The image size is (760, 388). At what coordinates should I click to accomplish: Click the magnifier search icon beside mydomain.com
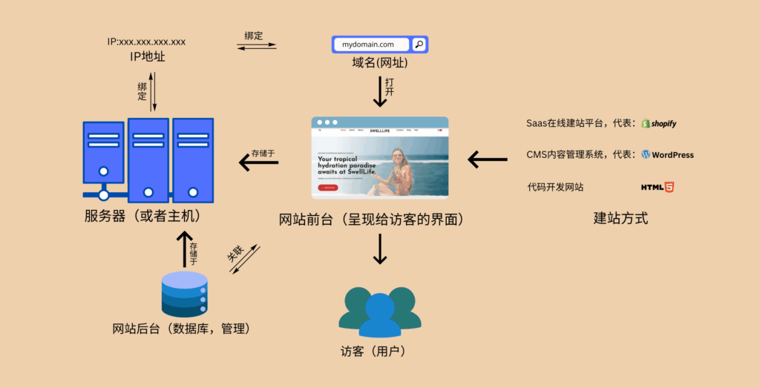click(x=419, y=45)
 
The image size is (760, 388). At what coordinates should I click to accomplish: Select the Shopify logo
click(x=659, y=123)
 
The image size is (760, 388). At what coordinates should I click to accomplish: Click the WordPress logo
click(x=668, y=155)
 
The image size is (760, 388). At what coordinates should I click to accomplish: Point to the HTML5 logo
click(x=658, y=187)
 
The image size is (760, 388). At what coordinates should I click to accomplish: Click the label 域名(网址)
click(x=380, y=64)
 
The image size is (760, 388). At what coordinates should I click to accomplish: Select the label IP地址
click(x=147, y=56)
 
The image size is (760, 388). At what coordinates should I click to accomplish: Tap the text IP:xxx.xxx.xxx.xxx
click(x=146, y=42)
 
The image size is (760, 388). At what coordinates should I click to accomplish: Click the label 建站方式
click(x=620, y=219)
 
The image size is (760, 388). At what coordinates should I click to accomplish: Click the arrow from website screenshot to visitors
click(x=380, y=249)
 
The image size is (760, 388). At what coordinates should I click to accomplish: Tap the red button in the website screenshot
click(x=327, y=188)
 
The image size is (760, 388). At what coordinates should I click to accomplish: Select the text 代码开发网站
click(x=555, y=187)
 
